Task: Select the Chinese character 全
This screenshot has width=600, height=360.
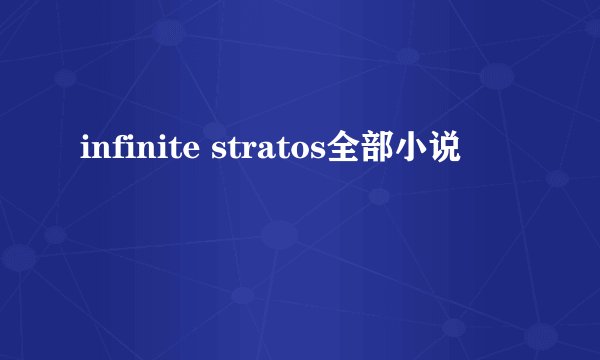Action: (347, 151)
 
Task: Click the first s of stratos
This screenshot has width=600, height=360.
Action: (215, 153)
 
